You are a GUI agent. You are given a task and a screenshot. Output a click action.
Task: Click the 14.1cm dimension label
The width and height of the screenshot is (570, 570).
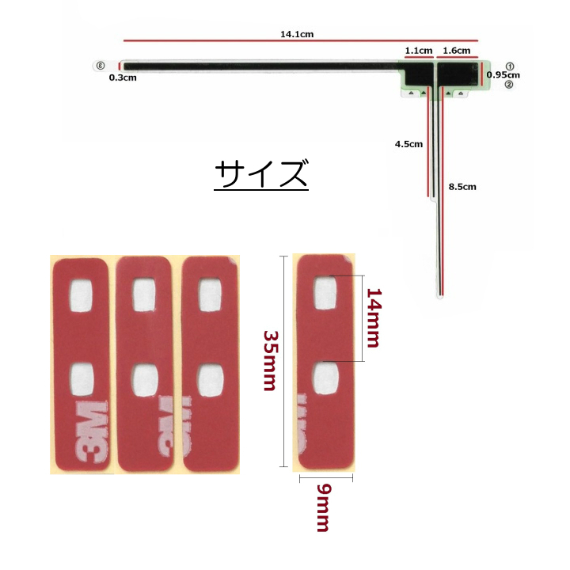point(297,34)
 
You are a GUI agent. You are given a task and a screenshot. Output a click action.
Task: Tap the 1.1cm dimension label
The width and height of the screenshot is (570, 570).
point(419,51)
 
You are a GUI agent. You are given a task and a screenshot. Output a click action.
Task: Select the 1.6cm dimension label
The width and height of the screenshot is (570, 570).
point(457,51)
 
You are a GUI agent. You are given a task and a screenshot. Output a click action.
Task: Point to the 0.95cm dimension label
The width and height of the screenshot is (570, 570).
point(503,75)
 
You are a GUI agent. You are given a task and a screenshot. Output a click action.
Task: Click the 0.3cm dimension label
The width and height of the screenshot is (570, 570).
point(123,78)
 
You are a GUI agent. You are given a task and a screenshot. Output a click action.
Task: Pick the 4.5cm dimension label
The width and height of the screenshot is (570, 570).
point(409,144)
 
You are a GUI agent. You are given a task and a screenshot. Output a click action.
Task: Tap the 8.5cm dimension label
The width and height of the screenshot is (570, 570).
point(462,187)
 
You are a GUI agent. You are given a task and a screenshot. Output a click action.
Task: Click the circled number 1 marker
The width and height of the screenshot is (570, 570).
point(510,66)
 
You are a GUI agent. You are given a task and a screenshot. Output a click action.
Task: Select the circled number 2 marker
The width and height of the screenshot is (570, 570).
point(509,85)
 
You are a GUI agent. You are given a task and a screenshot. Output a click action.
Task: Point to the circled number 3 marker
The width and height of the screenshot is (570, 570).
point(101,66)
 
